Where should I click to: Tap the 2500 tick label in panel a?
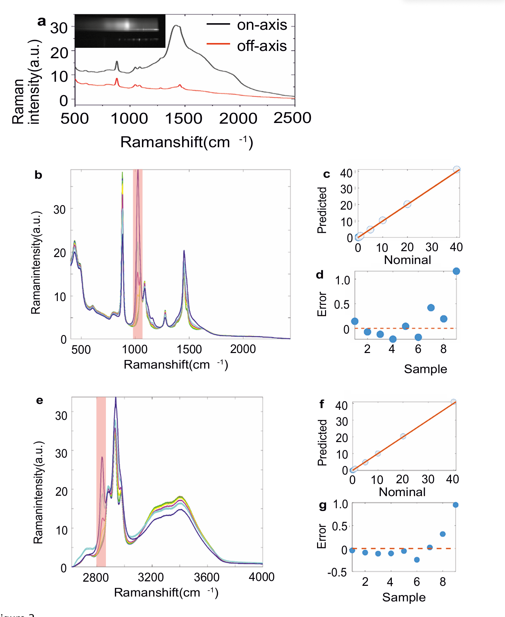(x=292, y=118)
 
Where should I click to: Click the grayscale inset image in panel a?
(x=120, y=31)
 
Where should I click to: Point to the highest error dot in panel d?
(x=456, y=271)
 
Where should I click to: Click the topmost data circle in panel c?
(x=457, y=169)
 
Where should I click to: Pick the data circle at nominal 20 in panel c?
(x=407, y=204)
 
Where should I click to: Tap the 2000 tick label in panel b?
(x=243, y=349)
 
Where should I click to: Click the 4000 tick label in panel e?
(x=262, y=577)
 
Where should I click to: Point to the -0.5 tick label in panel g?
(x=337, y=572)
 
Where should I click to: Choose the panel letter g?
(x=323, y=505)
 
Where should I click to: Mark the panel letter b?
(x=38, y=175)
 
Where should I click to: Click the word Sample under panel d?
(x=425, y=369)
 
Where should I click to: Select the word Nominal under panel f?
(x=402, y=492)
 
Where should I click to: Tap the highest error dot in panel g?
(x=456, y=505)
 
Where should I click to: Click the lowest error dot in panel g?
(x=417, y=559)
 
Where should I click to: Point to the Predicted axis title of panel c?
(x=322, y=210)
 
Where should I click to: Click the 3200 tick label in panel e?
(x=151, y=577)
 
